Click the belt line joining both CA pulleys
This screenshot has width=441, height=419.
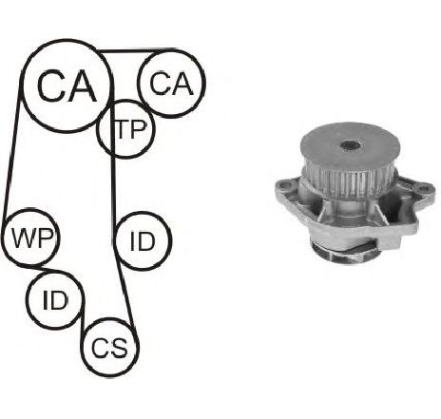[136, 50]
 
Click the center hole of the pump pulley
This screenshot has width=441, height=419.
[350, 145]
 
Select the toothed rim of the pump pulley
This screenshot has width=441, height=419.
[348, 183]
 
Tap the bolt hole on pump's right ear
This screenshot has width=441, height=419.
[423, 190]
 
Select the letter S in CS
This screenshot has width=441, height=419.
[119, 348]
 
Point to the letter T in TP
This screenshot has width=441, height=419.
[122, 129]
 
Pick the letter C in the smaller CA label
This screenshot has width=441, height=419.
[160, 84]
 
